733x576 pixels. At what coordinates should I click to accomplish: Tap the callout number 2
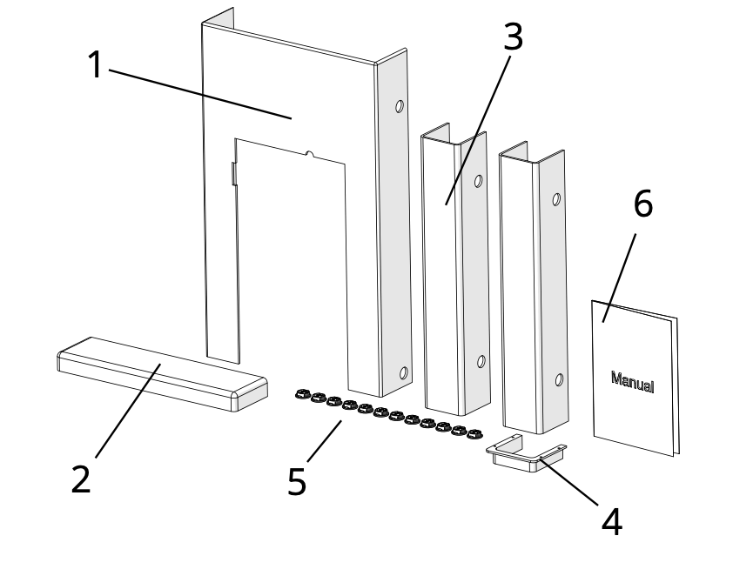pyautogui.click(x=80, y=479)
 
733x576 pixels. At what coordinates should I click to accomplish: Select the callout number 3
pyautogui.click(x=513, y=36)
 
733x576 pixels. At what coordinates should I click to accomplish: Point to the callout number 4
pyautogui.click(x=612, y=520)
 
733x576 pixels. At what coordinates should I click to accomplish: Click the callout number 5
pyautogui.click(x=297, y=481)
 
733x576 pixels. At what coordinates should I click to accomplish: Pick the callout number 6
pyautogui.click(x=642, y=204)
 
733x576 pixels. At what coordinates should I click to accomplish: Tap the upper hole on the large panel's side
pyautogui.click(x=400, y=107)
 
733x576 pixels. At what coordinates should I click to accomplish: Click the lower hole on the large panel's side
pyautogui.click(x=403, y=373)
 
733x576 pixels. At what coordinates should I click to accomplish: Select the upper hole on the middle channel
pyautogui.click(x=478, y=182)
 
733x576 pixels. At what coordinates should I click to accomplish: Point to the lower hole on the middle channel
pyautogui.click(x=481, y=361)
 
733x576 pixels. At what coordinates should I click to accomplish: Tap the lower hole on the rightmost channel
pyautogui.click(x=559, y=379)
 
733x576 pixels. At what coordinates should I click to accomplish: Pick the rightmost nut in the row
pyautogui.click(x=474, y=432)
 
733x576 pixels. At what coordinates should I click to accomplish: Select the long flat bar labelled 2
pyautogui.click(x=161, y=374)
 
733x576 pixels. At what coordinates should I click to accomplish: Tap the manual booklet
pyautogui.click(x=634, y=374)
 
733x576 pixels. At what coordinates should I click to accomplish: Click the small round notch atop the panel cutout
pyautogui.click(x=311, y=155)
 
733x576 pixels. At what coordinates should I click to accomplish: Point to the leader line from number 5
pyautogui.click(x=324, y=441)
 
